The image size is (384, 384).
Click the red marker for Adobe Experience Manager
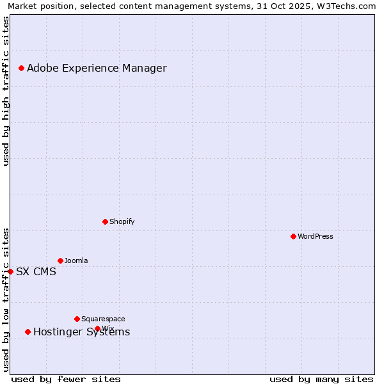pos(21,68)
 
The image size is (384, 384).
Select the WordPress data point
pos(293,236)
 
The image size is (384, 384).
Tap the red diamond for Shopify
pos(105,221)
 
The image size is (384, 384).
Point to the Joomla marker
pos(60,260)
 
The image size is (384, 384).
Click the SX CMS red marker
pos(10,271)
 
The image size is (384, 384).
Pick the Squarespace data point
pos(77,319)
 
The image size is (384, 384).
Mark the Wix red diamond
pos(97,328)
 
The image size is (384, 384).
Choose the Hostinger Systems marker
pos(28,332)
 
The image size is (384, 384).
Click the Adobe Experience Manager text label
pos(97,68)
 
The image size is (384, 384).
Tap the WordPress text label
pos(316,236)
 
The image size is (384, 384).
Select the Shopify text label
pos(122,221)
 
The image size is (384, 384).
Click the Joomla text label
pos(76,260)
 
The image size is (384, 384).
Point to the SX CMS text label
pos(36,271)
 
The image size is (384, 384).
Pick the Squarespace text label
pos(103,319)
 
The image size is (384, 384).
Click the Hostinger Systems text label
pos(81,332)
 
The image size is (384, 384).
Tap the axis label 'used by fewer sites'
pos(66,379)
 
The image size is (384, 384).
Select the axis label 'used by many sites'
pos(321,379)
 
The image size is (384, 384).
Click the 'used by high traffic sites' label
pos(6,91)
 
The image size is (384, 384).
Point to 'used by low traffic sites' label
pos(6,300)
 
